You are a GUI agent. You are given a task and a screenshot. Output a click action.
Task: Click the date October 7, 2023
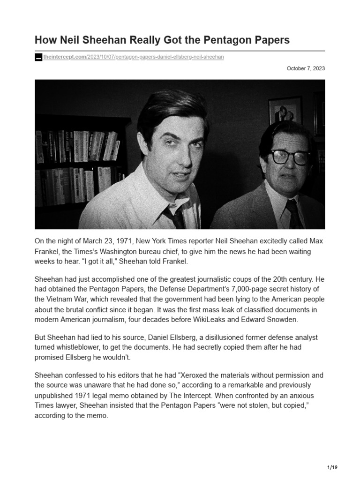point(306,68)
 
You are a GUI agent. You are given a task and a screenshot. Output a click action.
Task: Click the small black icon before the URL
point(38,57)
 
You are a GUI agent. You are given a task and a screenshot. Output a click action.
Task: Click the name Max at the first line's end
point(315,241)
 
